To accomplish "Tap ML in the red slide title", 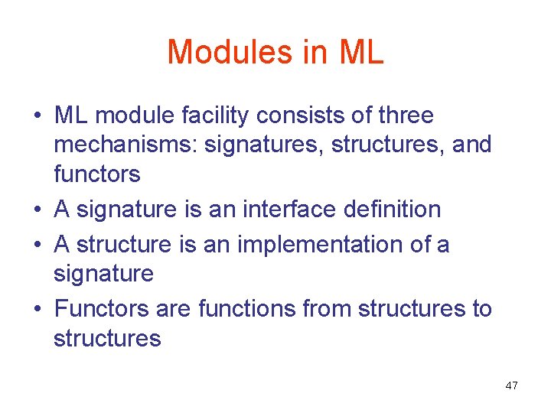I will [360, 53].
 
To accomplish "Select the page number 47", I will [512, 385].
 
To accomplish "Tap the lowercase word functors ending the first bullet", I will [97, 174].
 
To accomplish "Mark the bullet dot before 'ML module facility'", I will [37, 117].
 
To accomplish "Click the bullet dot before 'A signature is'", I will [37, 210].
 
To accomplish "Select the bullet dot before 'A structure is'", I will [37, 246].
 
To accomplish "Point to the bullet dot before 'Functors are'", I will [37, 310].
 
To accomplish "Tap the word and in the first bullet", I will [472, 145].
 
